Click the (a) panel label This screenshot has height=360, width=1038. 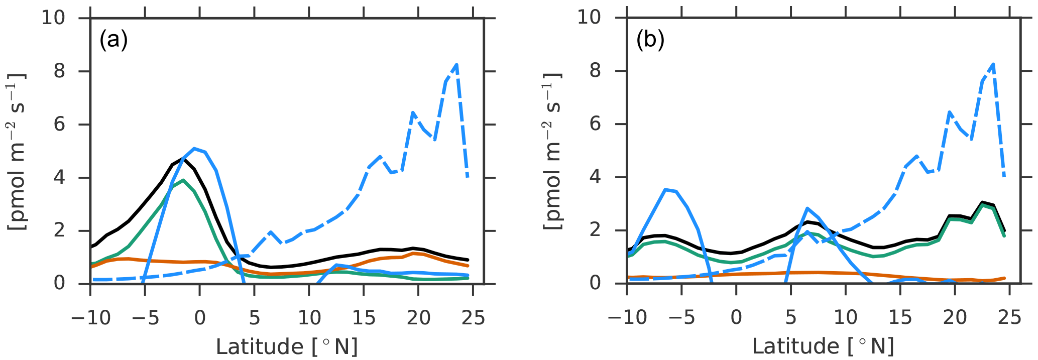(x=113, y=40)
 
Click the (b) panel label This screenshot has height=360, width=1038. (x=650, y=40)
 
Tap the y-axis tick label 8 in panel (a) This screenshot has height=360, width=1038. (x=59, y=71)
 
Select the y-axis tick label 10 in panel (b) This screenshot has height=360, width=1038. (x=589, y=18)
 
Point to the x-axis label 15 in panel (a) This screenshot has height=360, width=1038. (x=364, y=318)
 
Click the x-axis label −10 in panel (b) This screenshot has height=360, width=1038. (x=627, y=318)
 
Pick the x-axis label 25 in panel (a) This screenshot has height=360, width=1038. (x=473, y=318)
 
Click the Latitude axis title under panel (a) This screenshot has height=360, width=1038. (x=286, y=347)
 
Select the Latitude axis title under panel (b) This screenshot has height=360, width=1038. (x=823, y=347)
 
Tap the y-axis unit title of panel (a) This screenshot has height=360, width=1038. (x=18, y=151)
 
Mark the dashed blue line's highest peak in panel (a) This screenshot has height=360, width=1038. (x=456, y=64)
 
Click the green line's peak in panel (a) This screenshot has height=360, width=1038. (x=183, y=180)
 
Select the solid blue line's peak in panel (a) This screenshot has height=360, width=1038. (x=194, y=148)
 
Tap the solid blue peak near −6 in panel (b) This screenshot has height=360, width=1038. (x=665, y=189)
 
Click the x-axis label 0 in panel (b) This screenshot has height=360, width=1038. (x=736, y=318)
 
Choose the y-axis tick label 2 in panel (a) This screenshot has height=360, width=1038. (x=59, y=230)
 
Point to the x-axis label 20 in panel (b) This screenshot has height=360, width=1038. (x=955, y=318)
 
